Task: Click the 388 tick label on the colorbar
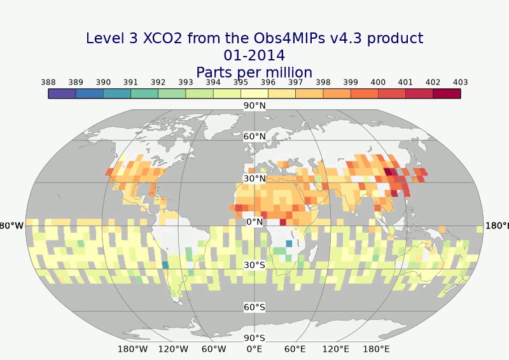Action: pos(48,83)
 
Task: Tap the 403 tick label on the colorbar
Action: pos(460,83)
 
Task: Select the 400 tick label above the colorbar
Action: pos(378,83)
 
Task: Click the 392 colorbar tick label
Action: pos(158,83)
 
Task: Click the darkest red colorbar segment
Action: pos(447,93)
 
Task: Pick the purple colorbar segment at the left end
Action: pos(62,93)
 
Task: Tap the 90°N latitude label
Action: pos(254,106)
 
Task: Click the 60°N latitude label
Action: pos(254,137)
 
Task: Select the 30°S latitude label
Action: pos(254,265)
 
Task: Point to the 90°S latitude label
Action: pos(254,338)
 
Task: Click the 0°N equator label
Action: pos(254,222)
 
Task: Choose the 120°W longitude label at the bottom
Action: pos(173,349)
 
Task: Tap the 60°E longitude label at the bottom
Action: pos(295,349)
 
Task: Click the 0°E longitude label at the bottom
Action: pos(254,349)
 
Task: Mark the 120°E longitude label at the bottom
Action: pos(336,349)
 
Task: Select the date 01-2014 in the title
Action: pos(254,55)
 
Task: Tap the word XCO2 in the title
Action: pos(164,38)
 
